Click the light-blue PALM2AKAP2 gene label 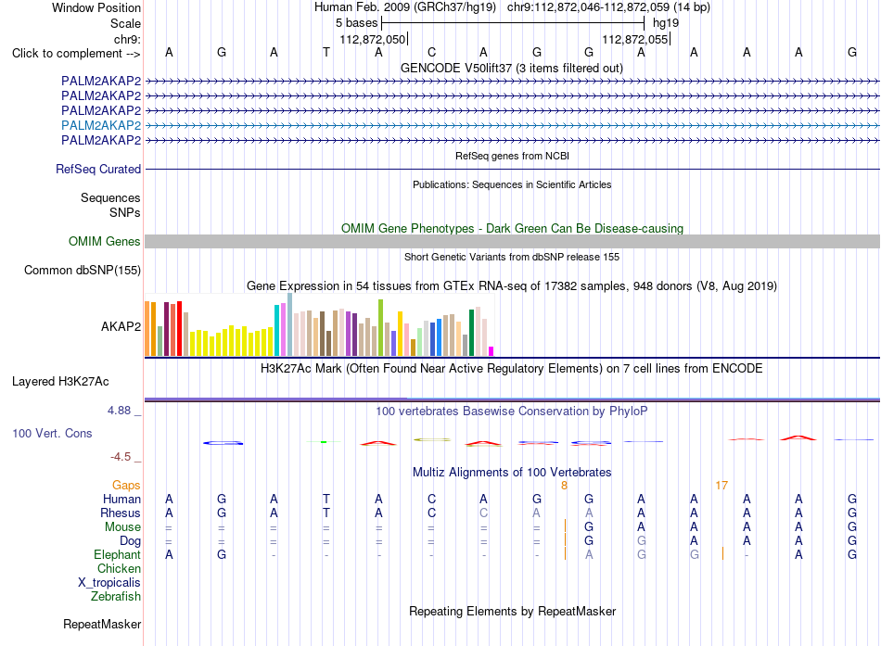click(x=101, y=125)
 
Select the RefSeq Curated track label click(x=98, y=169)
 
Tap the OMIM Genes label click(x=105, y=242)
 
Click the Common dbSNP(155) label click(x=83, y=271)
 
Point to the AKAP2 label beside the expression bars click(x=121, y=326)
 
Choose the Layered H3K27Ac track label click(x=60, y=382)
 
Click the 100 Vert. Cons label click(x=52, y=433)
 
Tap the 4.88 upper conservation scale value click(x=119, y=411)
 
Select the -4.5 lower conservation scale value click(x=121, y=457)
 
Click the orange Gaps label click(x=126, y=485)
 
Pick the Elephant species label click(x=117, y=555)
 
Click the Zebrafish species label click(x=116, y=597)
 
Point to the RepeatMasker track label click(x=102, y=624)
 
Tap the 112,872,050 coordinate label click(x=373, y=39)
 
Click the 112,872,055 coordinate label click(x=635, y=39)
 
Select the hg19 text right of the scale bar click(x=666, y=23)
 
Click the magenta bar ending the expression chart click(x=492, y=351)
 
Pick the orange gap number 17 click(x=721, y=485)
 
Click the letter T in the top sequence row click(x=326, y=52)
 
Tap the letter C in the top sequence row click(x=431, y=52)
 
